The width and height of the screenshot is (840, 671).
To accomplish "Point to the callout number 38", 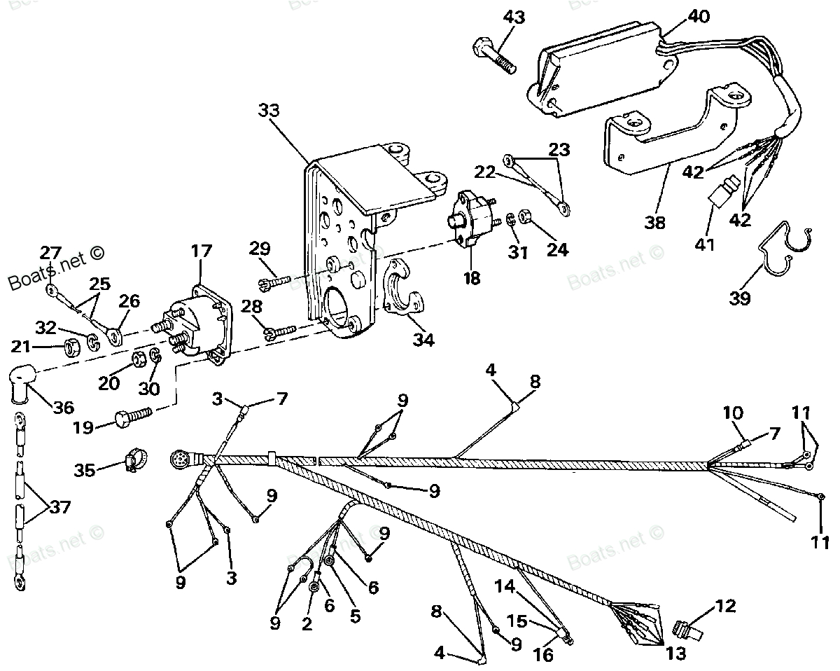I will click(x=656, y=223).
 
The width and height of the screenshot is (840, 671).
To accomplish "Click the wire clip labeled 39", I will click(x=784, y=252).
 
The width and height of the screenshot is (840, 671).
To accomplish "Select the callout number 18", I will click(x=472, y=278).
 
